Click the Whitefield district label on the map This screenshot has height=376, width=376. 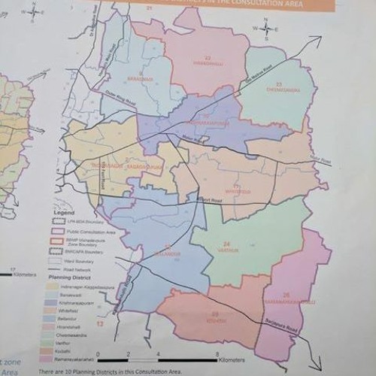click(x=238, y=191)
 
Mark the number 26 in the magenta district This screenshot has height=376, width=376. click(x=286, y=294)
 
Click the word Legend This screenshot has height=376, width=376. click(x=65, y=214)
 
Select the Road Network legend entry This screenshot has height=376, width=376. click(x=80, y=268)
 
